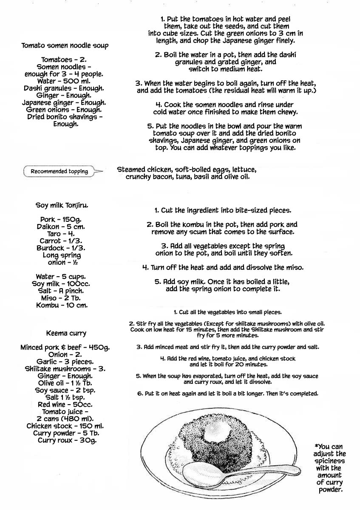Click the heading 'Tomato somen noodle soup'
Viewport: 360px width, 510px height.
(65, 45)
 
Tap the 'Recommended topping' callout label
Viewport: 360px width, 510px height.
(59, 172)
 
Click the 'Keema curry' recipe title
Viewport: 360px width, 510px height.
(65, 333)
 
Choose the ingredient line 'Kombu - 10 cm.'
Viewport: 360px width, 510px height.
(65, 305)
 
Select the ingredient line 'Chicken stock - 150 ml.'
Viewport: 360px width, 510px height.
(65, 426)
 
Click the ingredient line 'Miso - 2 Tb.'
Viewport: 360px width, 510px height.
(65, 298)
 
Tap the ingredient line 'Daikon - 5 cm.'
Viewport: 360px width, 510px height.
(65, 227)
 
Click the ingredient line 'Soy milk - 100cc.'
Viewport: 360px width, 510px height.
(65, 284)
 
